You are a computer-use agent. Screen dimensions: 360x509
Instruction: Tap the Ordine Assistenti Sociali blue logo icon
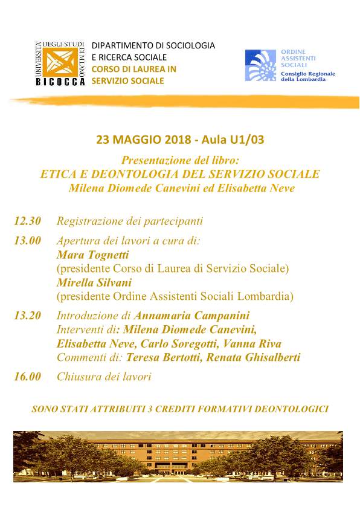[x=261, y=65]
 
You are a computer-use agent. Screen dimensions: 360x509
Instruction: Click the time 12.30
[x=28, y=221]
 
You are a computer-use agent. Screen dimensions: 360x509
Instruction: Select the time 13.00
[x=28, y=240]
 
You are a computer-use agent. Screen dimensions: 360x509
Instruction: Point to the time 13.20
[x=28, y=316]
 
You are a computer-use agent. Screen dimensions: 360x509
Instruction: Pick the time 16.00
[x=28, y=377]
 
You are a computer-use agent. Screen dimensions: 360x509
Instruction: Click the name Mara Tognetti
[x=88, y=254]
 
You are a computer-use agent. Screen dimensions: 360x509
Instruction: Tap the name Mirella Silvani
[x=94, y=282]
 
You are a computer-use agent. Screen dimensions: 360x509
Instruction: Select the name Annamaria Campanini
[x=191, y=316]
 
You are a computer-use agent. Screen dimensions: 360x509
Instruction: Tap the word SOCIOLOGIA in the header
[x=187, y=45]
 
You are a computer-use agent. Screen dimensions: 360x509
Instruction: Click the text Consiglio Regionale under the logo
[x=307, y=74]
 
